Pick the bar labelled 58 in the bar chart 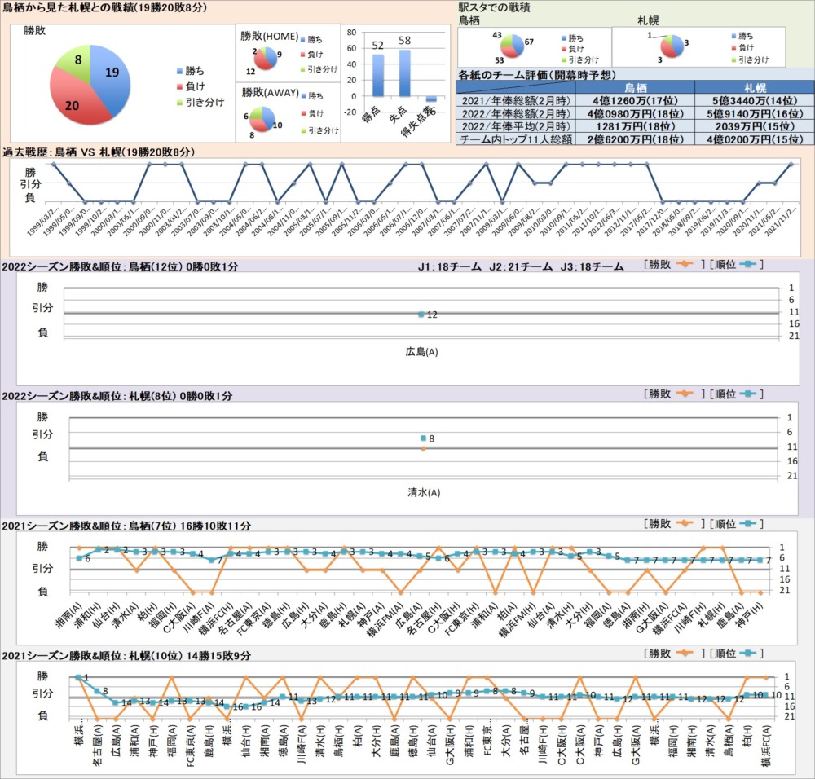pyautogui.click(x=404, y=73)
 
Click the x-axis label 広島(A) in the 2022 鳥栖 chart pyautogui.click(x=421, y=352)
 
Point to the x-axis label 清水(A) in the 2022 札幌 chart pyautogui.click(x=423, y=493)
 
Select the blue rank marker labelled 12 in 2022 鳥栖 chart pyautogui.click(x=421, y=315)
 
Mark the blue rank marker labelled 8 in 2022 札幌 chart pyautogui.click(x=423, y=438)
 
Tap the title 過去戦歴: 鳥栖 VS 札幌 pyautogui.click(x=99, y=152)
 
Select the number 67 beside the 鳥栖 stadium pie pyautogui.click(x=528, y=42)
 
